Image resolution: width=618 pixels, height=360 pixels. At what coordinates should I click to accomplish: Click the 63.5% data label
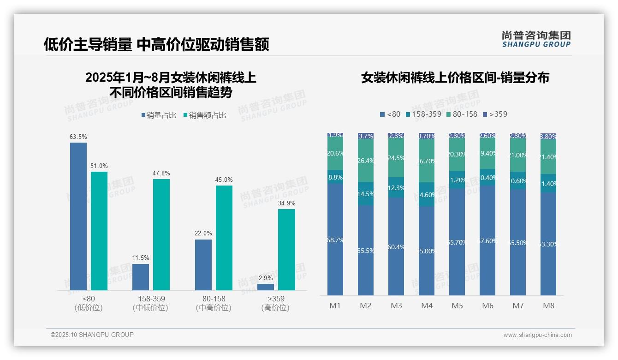78,137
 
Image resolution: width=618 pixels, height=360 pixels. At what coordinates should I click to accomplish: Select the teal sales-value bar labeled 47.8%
161,234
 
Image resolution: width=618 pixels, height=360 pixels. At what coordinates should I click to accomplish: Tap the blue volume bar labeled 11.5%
141,277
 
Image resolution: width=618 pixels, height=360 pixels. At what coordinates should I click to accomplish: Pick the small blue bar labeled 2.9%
266,287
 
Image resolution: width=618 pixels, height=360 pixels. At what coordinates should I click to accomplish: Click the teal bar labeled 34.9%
286,249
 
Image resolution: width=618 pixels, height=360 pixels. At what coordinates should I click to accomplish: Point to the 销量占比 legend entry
159,115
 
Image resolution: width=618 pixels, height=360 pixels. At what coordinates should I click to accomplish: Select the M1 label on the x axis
335,306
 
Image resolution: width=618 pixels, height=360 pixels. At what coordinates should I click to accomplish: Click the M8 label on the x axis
548,306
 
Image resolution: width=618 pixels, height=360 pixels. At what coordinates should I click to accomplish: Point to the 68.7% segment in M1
335,240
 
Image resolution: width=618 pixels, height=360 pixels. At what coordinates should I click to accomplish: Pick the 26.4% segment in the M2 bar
366,161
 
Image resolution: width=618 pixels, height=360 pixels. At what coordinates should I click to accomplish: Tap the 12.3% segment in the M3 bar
396,188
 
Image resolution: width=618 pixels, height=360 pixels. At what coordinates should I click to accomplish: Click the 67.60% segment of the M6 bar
487,240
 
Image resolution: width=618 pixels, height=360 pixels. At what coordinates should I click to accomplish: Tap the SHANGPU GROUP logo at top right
536,39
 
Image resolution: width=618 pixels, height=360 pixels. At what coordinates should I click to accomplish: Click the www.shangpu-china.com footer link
537,335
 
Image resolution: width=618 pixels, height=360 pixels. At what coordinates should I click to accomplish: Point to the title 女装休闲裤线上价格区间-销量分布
455,78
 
